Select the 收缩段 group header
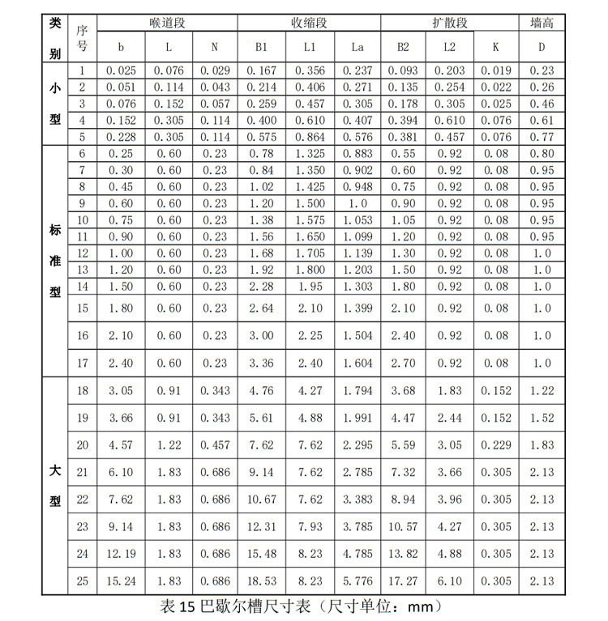click(x=309, y=23)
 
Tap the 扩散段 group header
click(x=449, y=23)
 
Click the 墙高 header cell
click(x=542, y=23)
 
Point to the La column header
click(x=357, y=47)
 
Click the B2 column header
click(x=403, y=47)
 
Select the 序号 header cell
click(x=82, y=36)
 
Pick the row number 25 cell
click(x=82, y=581)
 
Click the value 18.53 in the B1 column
click(x=262, y=581)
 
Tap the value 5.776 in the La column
click(x=357, y=581)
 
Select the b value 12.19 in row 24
click(x=122, y=554)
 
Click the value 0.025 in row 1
click(x=122, y=70)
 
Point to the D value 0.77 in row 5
click(x=542, y=137)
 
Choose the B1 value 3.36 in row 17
click(x=262, y=363)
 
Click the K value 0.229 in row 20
click(x=496, y=444)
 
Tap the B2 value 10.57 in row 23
click(x=403, y=526)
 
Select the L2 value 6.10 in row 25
click(x=450, y=581)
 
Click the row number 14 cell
click(x=82, y=287)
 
